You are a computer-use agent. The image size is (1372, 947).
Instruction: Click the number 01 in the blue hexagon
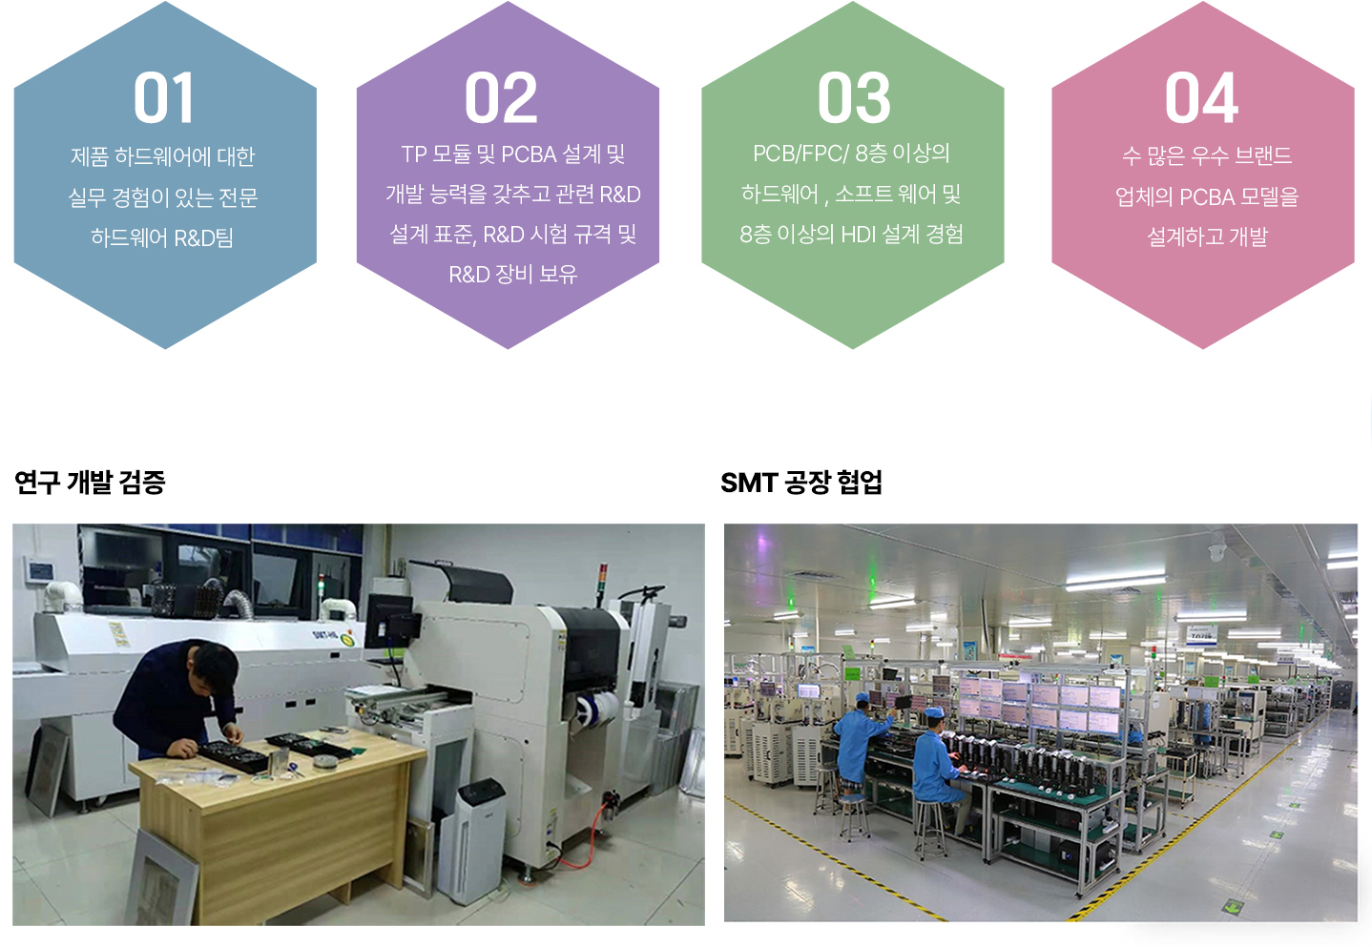(163, 97)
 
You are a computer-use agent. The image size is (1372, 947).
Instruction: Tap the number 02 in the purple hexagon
(501, 97)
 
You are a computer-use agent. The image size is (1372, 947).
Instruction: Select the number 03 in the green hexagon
(854, 97)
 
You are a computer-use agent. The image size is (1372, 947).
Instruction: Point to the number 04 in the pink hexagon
(1201, 97)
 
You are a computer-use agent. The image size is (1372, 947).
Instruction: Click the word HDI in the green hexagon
(858, 234)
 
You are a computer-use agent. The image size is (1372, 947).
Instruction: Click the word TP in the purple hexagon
(413, 154)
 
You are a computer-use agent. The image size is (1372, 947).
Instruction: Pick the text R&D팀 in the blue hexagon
(203, 237)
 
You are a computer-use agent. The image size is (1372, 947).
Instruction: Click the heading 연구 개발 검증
(90, 483)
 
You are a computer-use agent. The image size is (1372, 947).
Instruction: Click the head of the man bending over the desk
(213, 666)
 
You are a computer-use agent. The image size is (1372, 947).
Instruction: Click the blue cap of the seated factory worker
(935, 712)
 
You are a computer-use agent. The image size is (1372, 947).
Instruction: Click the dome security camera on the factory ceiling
(1216, 550)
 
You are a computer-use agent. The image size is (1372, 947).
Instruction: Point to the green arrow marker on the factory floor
(1233, 905)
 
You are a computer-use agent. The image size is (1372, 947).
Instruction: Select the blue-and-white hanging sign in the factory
(1201, 634)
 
